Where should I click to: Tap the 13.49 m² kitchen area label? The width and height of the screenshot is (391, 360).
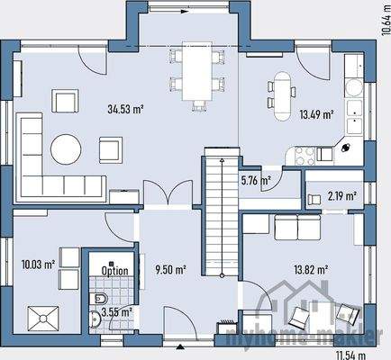pyautogui.click(x=316, y=114)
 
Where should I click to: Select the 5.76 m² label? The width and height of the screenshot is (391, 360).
pyautogui.click(x=256, y=181)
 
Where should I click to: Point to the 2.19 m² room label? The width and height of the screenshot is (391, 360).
pyautogui.click(x=341, y=195)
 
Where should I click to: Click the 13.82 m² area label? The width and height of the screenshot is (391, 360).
pyautogui.click(x=309, y=269)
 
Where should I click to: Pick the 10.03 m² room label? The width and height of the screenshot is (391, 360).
pyautogui.click(x=38, y=265)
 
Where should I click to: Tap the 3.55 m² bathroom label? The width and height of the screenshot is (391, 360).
pyautogui.click(x=116, y=312)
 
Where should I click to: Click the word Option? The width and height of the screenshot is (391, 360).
pyautogui.click(x=114, y=270)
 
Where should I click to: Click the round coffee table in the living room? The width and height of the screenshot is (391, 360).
pyautogui.click(x=66, y=147)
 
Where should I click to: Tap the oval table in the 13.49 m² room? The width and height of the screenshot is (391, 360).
pyautogui.click(x=283, y=89)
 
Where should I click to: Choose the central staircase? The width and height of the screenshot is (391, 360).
pyautogui.click(x=215, y=216)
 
